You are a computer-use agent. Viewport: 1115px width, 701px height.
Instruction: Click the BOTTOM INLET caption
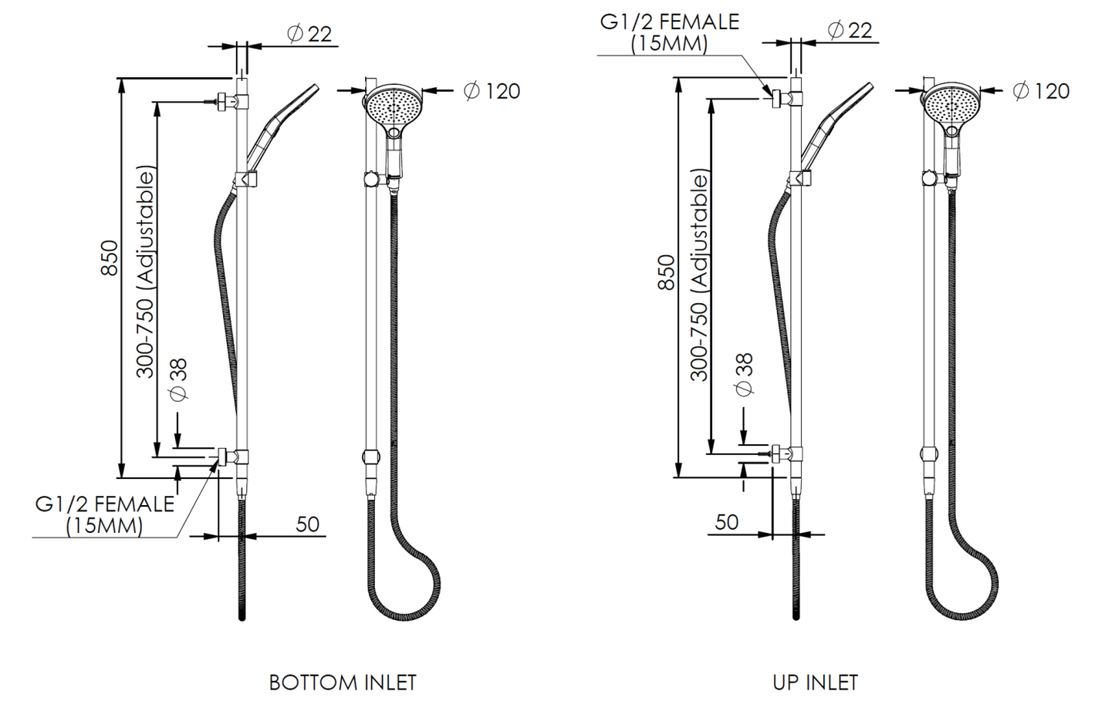coord(343,682)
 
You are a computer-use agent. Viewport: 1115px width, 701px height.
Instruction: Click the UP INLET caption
coord(816,682)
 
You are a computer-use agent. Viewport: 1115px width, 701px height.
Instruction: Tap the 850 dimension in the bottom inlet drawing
coord(110,258)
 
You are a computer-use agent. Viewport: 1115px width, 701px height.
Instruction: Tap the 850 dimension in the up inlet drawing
coord(666,272)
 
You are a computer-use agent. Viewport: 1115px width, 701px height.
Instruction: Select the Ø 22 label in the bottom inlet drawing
coord(309,34)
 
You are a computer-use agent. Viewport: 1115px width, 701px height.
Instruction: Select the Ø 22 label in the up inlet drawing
coord(850,30)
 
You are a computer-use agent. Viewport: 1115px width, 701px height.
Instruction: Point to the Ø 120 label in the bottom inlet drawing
coord(492,91)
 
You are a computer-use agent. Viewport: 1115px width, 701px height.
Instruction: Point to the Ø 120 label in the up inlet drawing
coord(1042,91)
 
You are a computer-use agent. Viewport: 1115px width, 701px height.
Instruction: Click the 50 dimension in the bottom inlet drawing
coord(308,524)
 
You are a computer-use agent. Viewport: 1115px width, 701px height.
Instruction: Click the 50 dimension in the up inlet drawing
coord(727,522)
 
